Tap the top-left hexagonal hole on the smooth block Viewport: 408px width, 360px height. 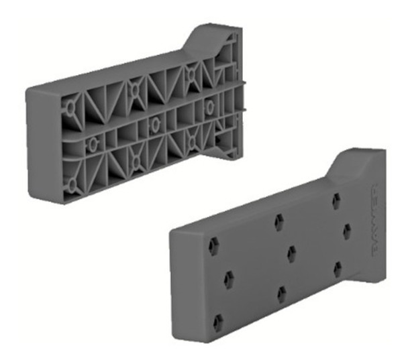point(213,245)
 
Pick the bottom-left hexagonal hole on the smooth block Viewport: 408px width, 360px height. point(217,324)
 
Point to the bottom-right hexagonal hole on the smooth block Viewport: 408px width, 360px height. point(338,268)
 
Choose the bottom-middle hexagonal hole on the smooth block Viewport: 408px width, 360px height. point(282,294)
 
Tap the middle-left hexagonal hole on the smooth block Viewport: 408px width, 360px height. point(227,277)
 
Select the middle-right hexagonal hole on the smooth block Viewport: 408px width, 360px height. point(347,231)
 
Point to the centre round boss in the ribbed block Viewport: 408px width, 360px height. point(154,122)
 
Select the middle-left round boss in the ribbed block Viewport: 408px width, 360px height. point(93,141)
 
